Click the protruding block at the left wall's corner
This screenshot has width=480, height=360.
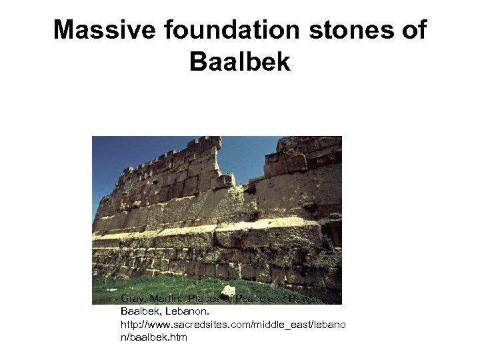pyautogui.click(x=225, y=180)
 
